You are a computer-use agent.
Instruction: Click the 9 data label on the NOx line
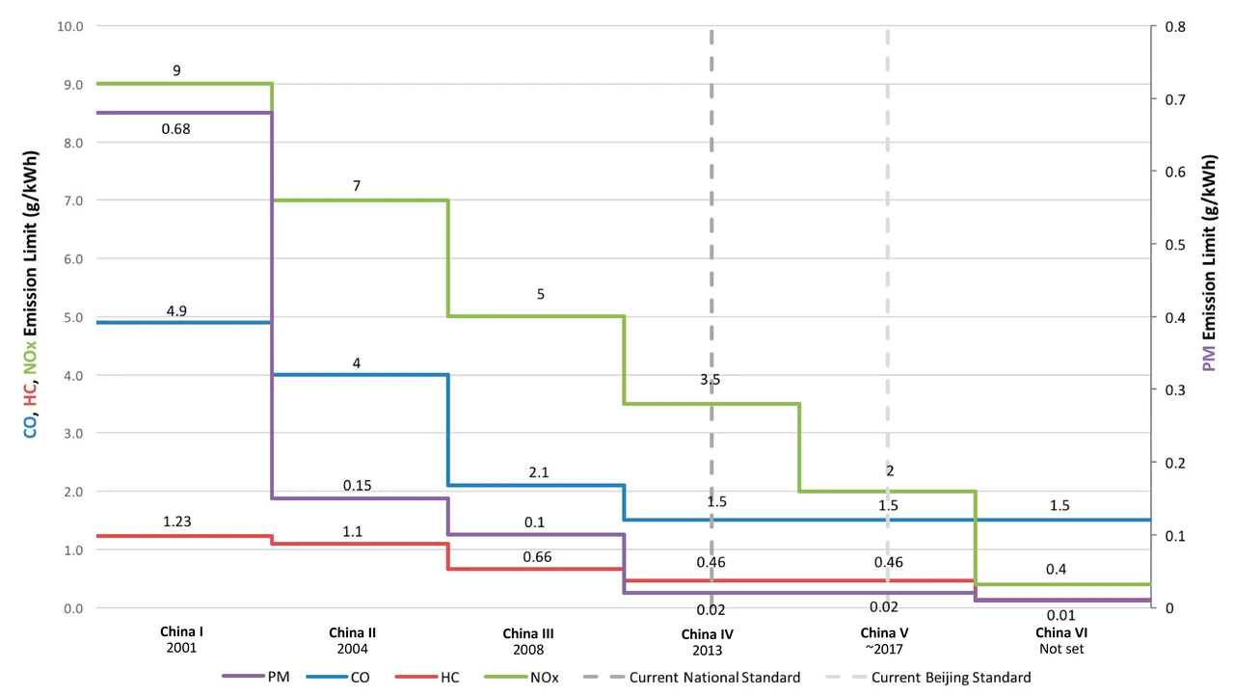[x=176, y=70]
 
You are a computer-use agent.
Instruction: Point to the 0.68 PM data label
[x=175, y=129]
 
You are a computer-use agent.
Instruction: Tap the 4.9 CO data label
[x=176, y=311]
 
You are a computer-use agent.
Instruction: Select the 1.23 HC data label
[x=176, y=522]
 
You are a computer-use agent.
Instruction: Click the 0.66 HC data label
[x=537, y=556]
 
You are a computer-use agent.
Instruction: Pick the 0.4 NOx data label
[x=1056, y=569]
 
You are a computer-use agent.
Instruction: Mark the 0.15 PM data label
[x=357, y=485]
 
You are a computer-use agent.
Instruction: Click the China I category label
[x=182, y=631]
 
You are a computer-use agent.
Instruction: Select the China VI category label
[x=1061, y=632]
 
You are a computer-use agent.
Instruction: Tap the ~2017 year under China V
[x=884, y=649]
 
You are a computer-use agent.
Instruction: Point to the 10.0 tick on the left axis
[x=70, y=26]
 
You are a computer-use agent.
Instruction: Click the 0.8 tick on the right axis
[x=1175, y=26]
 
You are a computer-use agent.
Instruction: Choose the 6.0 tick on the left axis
[x=73, y=258]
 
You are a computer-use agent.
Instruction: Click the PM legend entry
[x=255, y=677]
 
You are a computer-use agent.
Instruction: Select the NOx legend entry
[x=522, y=678]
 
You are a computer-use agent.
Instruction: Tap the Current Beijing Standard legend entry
[x=927, y=678]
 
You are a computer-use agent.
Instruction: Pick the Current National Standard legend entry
[x=691, y=678]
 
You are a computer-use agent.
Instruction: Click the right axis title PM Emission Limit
[x=1209, y=262]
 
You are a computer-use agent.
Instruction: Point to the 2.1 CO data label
[x=539, y=472]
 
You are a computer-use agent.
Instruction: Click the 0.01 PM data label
[x=1061, y=615]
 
